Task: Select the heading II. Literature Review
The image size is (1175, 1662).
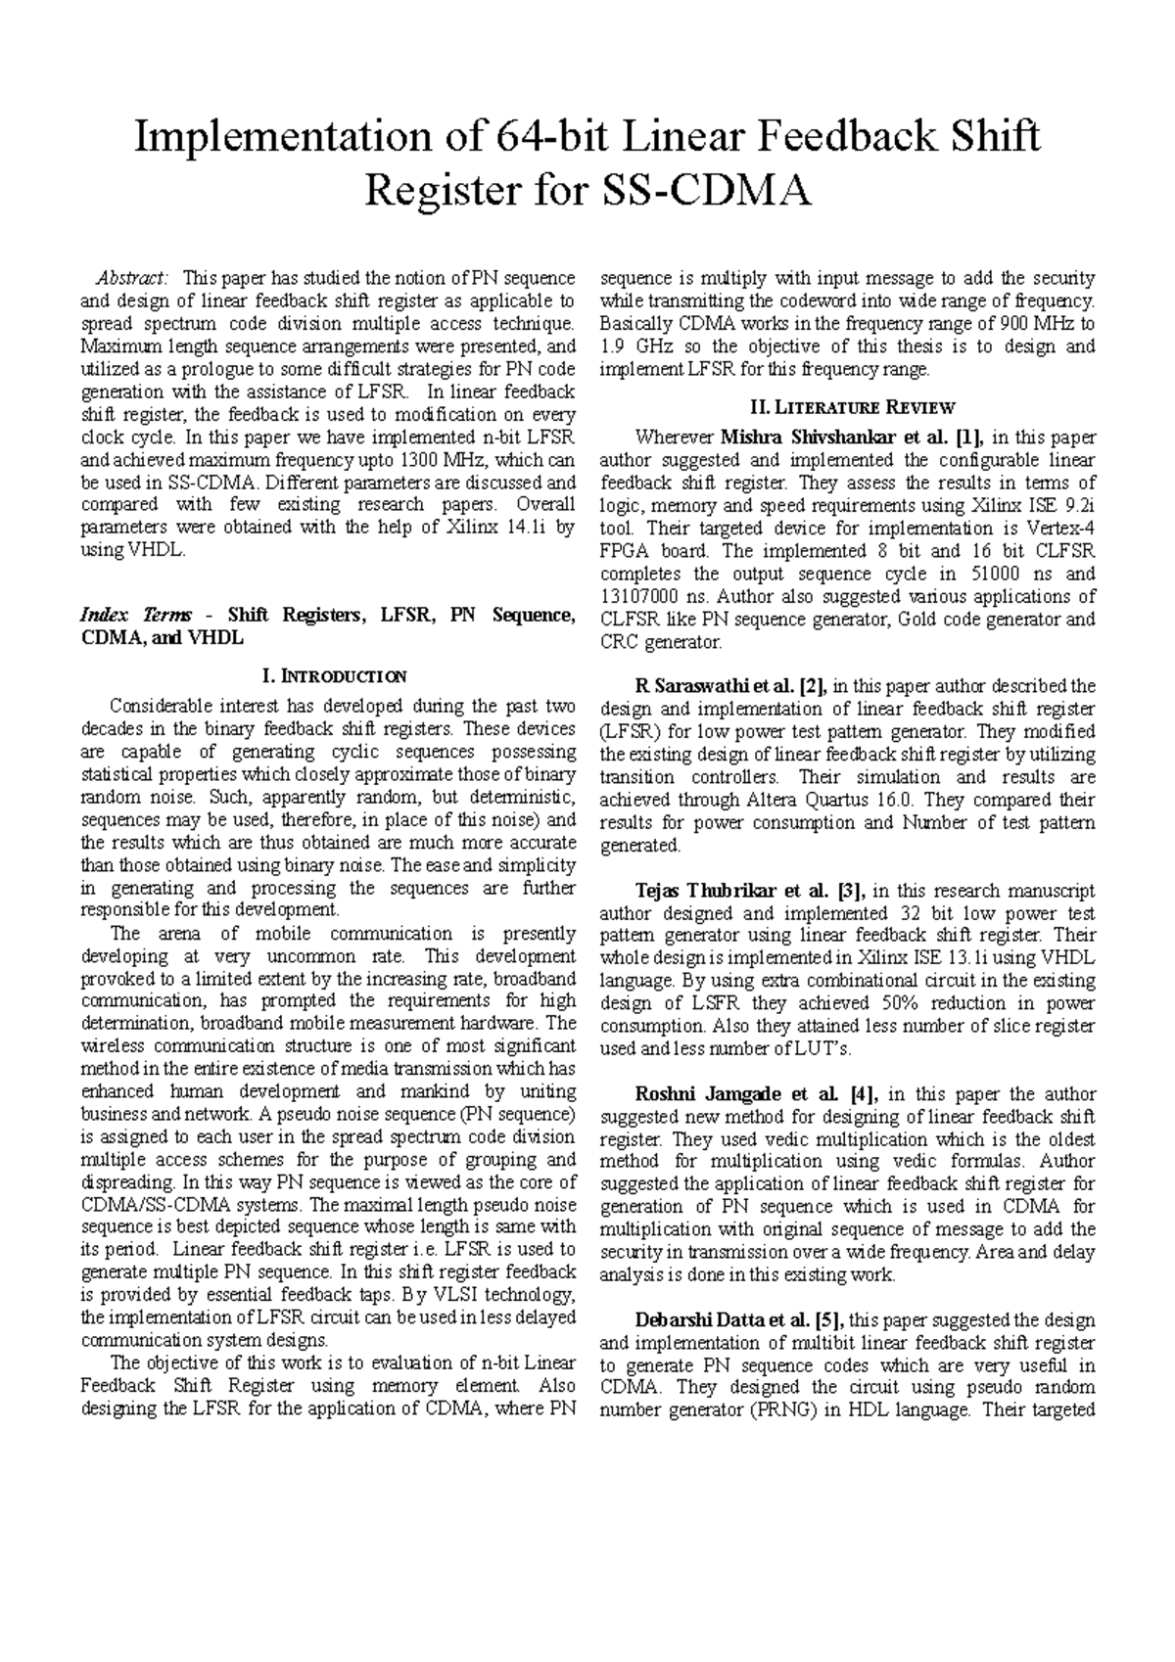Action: tap(847, 407)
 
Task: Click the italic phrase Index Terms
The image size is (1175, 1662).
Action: tap(137, 616)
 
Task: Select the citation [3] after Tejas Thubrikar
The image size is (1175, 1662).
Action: tap(848, 891)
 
